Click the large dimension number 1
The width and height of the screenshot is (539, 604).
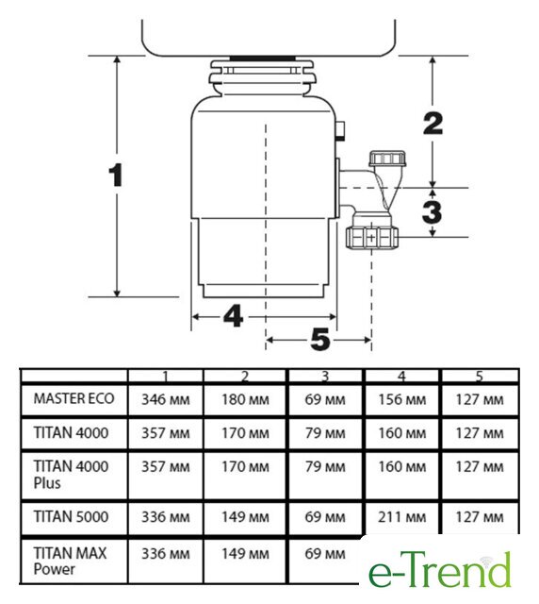point(116,176)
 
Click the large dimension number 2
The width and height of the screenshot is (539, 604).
point(433,124)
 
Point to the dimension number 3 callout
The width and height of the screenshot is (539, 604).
point(432,212)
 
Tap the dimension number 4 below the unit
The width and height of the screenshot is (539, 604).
point(233,316)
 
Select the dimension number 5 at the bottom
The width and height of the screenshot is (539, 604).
point(320,340)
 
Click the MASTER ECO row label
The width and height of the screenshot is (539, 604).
point(73,398)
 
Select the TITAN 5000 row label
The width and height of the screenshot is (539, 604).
point(71,516)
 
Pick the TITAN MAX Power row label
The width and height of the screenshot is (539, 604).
point(70,562)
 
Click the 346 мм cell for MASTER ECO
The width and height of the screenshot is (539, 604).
point(166,399)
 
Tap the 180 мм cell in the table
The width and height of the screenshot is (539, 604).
point(245,399)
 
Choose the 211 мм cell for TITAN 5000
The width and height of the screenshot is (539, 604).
point(401,517)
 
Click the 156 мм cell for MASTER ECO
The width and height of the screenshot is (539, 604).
point(401,399)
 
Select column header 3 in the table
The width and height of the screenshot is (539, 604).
point(325,377)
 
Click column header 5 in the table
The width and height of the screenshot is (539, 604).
point(479,377)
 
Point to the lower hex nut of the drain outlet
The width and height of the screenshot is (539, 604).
point(371,237)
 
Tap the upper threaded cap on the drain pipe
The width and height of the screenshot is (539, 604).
point(387,159)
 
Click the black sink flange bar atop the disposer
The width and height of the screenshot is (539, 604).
point(263,59)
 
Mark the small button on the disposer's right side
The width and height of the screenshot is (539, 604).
point(340,130)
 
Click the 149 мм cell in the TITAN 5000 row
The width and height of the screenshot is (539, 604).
point(245,517)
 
